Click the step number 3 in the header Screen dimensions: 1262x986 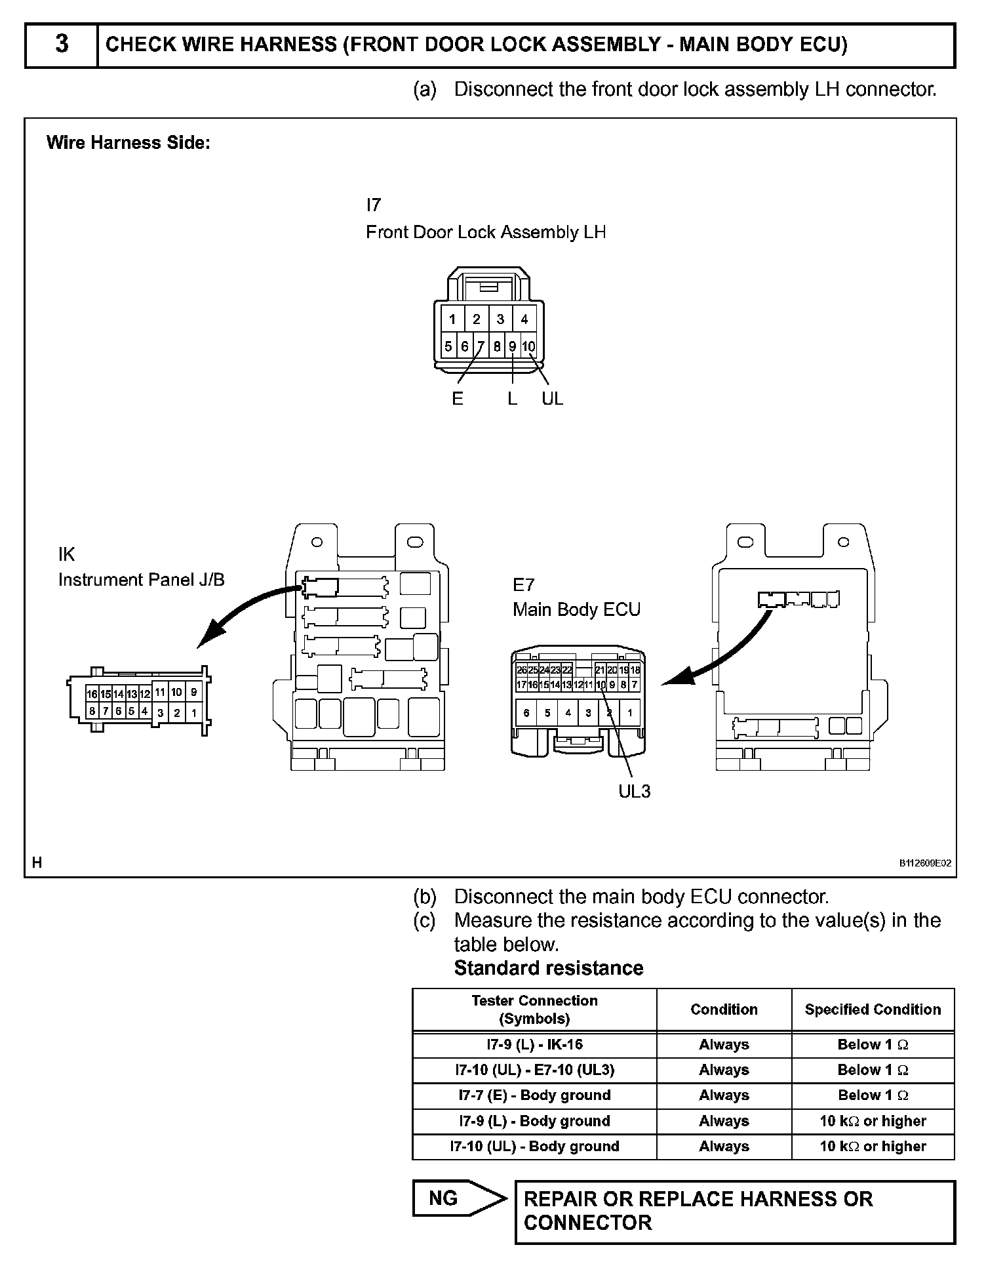click(61, 45)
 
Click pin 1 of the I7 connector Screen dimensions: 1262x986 click(452, 319)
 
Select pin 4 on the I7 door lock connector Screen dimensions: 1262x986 click(524, 319)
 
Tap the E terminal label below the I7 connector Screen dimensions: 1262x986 click(458, 399)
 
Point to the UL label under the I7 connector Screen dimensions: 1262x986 click(552, 399)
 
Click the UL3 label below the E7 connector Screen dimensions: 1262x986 click(634, 791)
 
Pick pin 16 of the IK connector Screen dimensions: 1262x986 click(92, 694)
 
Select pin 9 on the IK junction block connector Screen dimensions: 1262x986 click(193, 692)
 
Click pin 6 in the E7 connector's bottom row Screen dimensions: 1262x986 click(526, 713)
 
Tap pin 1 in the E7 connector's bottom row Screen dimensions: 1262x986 click(630, 713)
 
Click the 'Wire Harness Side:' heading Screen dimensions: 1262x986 click(128, 143)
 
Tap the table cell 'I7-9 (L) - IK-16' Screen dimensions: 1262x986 click(534, 1044)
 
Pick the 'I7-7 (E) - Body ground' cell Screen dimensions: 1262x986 click(534, 1095)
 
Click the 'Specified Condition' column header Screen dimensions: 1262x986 click(873, 1009)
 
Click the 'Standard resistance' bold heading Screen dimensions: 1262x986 click(549, 968)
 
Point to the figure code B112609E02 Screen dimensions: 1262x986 click(925, 863)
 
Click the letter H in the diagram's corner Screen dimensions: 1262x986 click(37, 863)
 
